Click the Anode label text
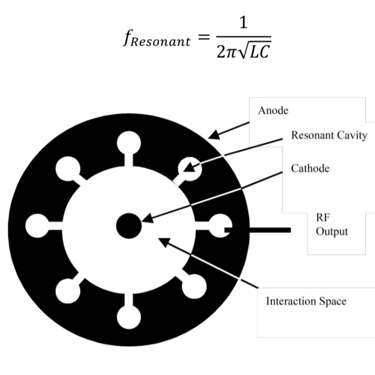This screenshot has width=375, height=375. point(273,110)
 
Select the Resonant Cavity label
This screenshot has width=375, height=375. point(329,135)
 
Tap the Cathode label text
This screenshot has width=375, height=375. point(310,168)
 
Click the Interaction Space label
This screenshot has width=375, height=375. point(306,301)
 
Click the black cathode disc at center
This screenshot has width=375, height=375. point(129,226)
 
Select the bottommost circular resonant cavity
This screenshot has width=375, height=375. point(129,317)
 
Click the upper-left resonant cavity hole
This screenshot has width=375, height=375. point(67,169)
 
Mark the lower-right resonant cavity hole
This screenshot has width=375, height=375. point(194,287)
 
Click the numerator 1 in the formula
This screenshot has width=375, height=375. point(243,23)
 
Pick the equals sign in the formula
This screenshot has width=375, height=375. point(203,37)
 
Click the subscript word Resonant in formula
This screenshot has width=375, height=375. point(161,42)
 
